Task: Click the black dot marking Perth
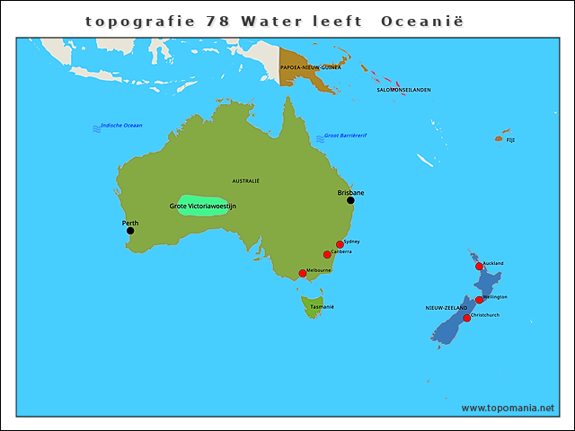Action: (x=130, y=231)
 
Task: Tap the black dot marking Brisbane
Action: (x=350, y=200)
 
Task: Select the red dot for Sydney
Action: (x=340, y=244)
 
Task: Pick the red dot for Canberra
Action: (x=327, y=254)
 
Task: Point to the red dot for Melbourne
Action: (x=303, y=273)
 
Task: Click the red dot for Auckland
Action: (x=479, y=266)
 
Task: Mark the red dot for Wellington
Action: (x=479, y=300)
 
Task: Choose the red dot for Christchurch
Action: (x=466, y=318)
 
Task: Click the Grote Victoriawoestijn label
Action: (x=202, y=207)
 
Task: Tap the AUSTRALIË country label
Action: (x=245, y=180)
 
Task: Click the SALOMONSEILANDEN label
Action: (x=403, y=90)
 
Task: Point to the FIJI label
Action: (x=510, y=140)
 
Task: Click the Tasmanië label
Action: (x=322, y=307)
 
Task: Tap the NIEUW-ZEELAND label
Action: (x=447, y=308)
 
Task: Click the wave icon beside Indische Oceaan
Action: (x=96, y=128)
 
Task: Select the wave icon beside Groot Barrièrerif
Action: (x=320, y=138)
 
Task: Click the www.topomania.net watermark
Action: (x=508, y=409)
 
